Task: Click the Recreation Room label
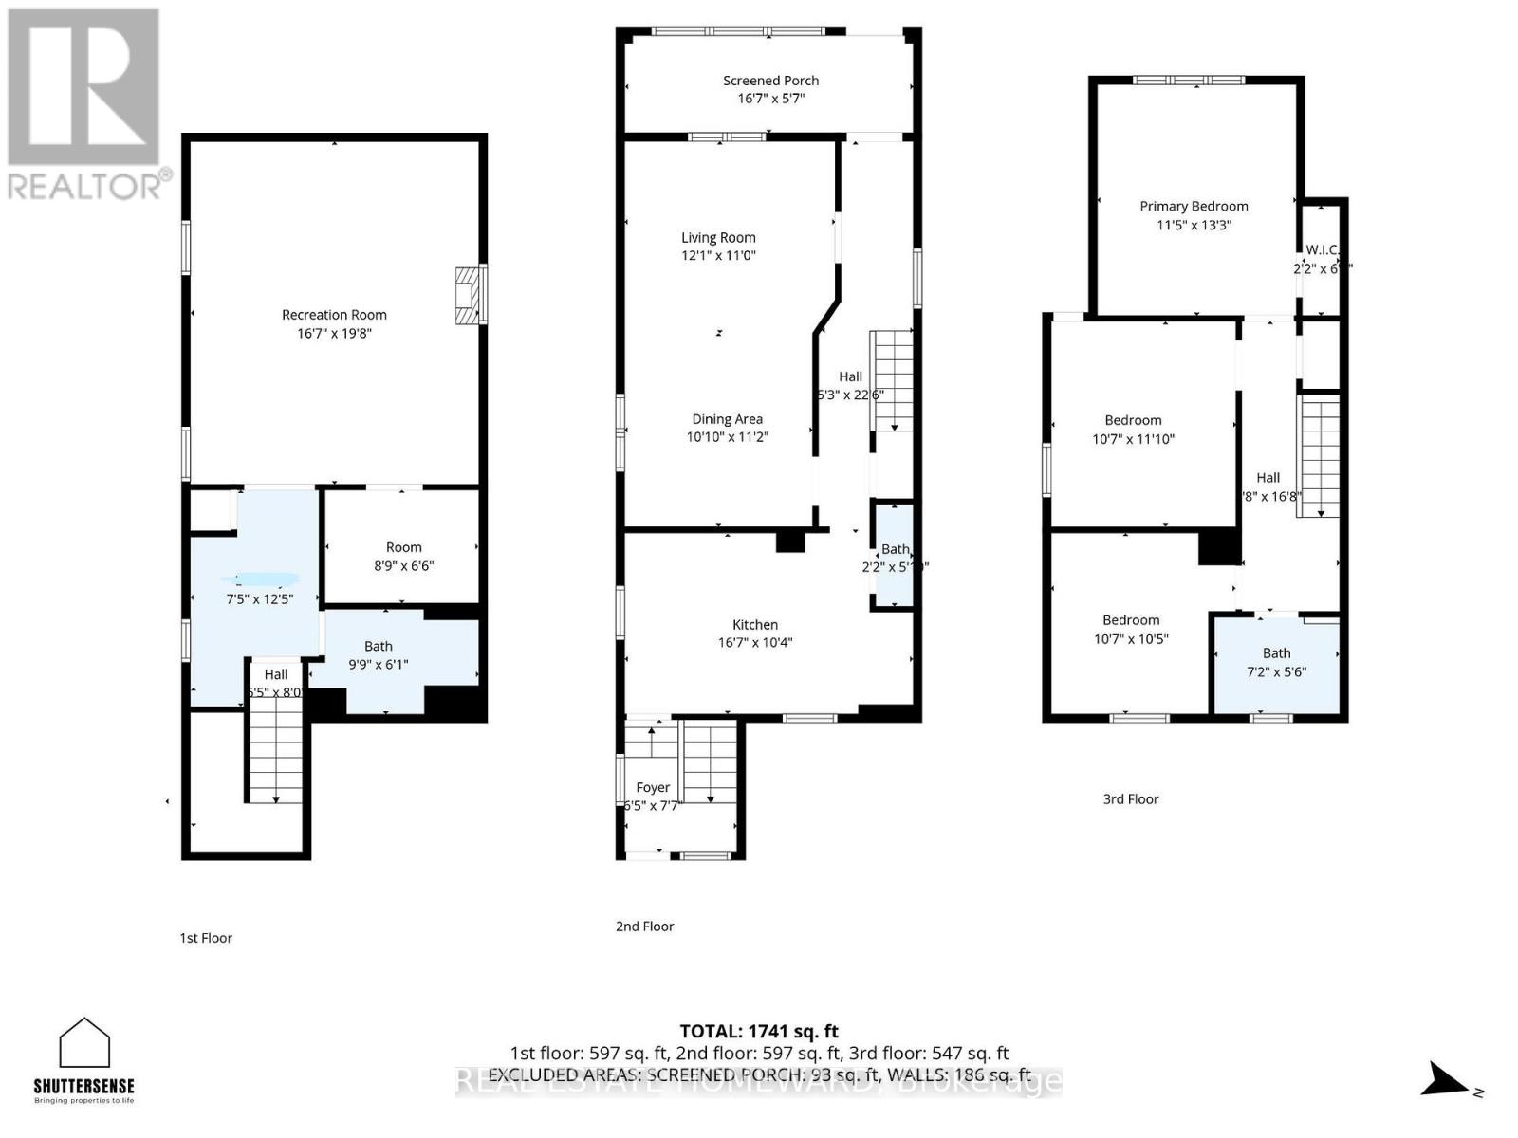[x=334, y=315]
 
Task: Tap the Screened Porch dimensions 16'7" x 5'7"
[x=770, y=99]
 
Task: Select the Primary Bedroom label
[x=1194, y=206]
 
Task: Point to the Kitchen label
[x=755, y=624]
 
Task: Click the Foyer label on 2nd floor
[x=653, y=787]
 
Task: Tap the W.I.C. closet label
[x=1322, y=250]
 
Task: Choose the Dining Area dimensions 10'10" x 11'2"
[x=727, y=437]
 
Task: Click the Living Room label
[x=718, y=237]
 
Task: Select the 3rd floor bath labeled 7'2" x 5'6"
[x=1276, y=662]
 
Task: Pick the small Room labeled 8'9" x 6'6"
[x=403, y=556]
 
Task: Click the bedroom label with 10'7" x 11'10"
[x=1133, y=420]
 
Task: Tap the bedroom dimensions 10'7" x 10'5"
[x=1131, y=639]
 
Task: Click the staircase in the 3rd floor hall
[x=1319, y=455]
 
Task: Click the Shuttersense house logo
[x=84, y=1043]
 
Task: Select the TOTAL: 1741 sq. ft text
[x=759, y=1031]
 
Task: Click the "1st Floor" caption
[x=206, y=938]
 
